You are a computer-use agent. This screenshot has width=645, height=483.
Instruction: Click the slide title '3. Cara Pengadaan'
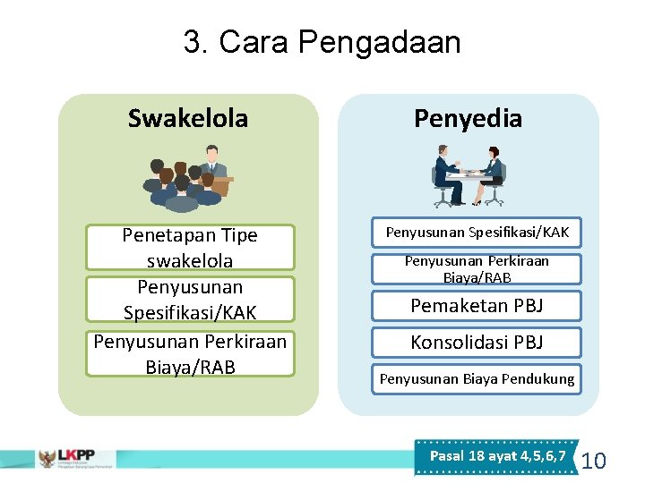[322, 41]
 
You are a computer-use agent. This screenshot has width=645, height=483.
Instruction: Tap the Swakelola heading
[188, 118]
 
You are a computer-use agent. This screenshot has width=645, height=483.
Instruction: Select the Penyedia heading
[468, 118]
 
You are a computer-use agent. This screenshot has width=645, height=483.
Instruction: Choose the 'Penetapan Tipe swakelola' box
[189, 248]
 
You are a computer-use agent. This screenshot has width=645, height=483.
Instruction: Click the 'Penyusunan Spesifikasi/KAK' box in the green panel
[189, 300]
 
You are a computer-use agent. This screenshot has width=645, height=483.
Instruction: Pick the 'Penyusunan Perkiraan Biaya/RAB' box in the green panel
[189, 353]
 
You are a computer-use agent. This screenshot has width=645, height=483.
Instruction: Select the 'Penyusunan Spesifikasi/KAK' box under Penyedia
[477, 233]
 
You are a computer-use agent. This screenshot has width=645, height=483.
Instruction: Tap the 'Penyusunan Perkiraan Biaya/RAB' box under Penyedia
[477, 269]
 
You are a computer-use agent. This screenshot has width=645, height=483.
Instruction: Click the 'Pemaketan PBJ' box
[477, 306]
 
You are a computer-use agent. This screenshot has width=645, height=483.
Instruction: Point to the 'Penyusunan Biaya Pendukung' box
[477, 379]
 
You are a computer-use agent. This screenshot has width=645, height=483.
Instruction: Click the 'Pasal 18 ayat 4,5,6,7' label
[497, 456]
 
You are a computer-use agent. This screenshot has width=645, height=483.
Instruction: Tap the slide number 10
[594, 462]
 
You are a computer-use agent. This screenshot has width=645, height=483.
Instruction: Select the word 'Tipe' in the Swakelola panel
[237, 235]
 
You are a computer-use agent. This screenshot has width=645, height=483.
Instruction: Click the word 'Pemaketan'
[453, 306]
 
